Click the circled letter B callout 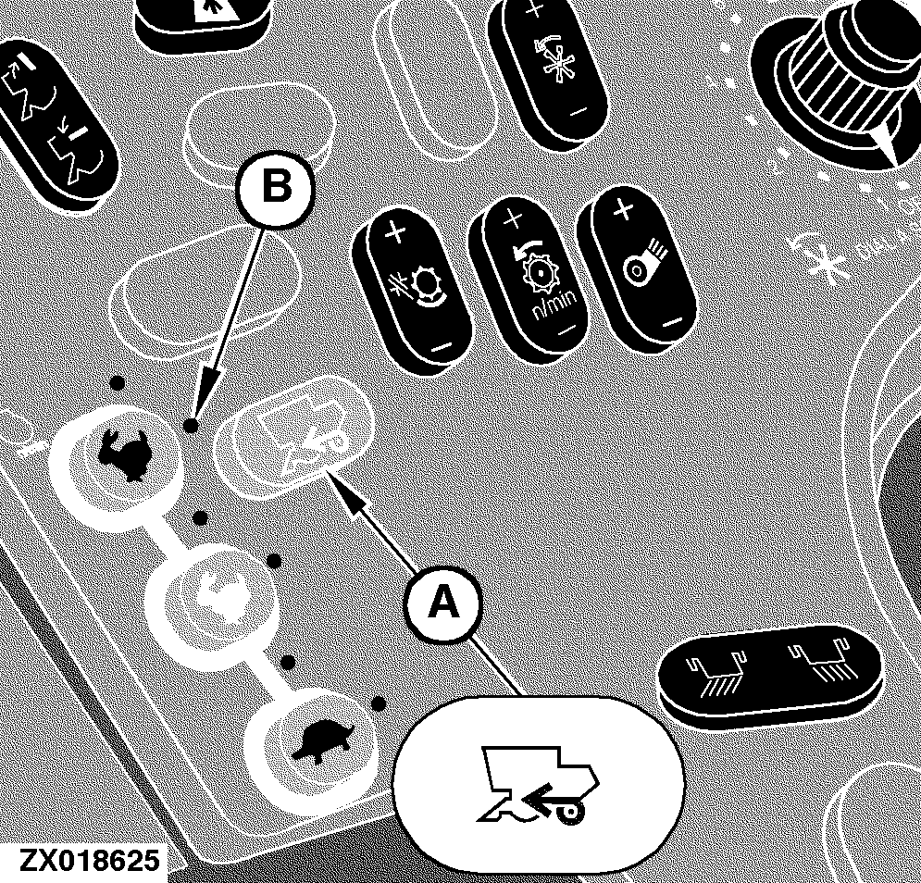pyautogui.click(x=276, y=189)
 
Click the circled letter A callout pyautogui.click(x=443, y=603)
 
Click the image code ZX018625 pyautogui.click(x=89, y=861)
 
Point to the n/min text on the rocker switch pyautogui.click(x=555, y=305)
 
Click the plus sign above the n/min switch pyautogui.click(x=514, y=219)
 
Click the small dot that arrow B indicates pyautogui.click(x=191, y=425)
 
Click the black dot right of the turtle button pyautogui.click(x=379, y=703)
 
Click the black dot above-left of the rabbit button pyautogui.click(x=118, y=383)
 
